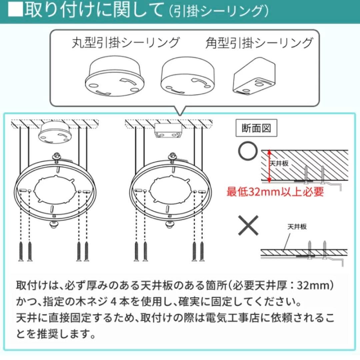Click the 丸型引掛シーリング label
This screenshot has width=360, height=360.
[126, 43]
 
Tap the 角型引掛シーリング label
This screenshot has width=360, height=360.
[259, 43]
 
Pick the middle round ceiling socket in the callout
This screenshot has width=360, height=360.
[185, 77]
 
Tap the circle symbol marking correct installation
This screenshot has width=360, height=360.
[248, 151]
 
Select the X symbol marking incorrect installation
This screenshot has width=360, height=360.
[248, 225]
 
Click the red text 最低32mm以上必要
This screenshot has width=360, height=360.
[275, 192]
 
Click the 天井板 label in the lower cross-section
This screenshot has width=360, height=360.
[296, 227]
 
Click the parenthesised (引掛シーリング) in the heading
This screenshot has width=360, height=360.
[218, 11]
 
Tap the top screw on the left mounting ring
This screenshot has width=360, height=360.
[57, 156]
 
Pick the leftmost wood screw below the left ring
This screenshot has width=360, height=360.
[21, 252]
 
